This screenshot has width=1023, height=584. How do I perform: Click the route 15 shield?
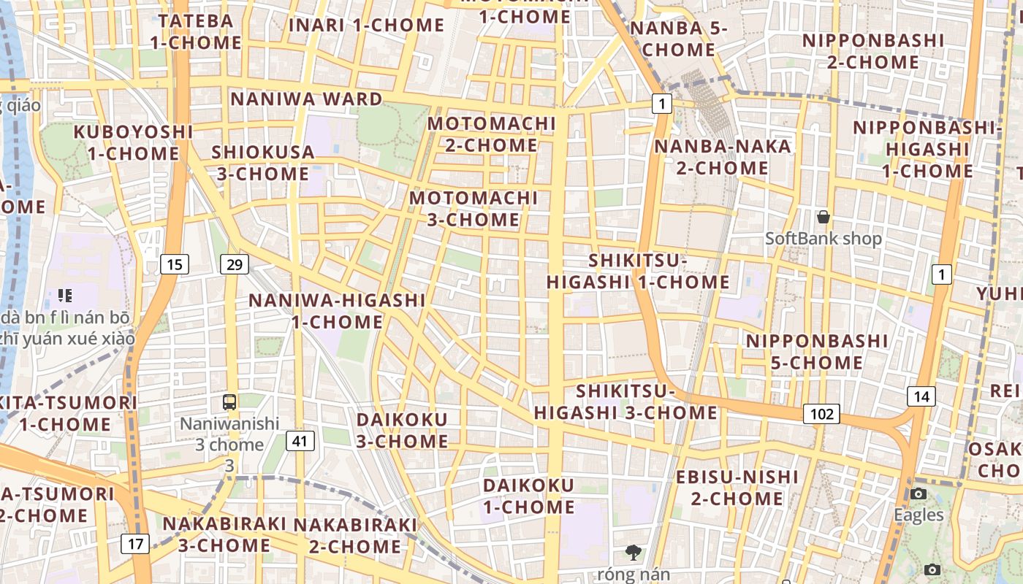click(x=174, y=264)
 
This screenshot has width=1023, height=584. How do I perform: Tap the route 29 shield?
click(x=234, y=264)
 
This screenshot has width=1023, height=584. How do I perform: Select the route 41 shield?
click(x=300, y=440)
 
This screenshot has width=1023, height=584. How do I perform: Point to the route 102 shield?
click(x=821, y=414)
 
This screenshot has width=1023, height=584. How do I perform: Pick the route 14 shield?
click(x=921, y=396)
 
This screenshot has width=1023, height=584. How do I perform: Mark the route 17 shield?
click(x=135, y=543)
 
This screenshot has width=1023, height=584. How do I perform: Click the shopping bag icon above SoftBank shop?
click(x=824, y=217)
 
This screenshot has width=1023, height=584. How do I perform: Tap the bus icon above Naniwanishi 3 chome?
click(x=229, y=401)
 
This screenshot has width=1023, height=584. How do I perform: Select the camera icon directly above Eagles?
click(x=919, y=494)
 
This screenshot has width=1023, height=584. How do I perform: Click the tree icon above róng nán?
click(x=633, y=553)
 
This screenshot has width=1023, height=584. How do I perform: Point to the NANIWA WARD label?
click(x=306, y=99)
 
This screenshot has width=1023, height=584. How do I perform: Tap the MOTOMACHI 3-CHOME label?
click(x=474, y=208)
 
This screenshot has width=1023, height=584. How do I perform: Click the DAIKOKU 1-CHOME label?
click(x=528, y=496)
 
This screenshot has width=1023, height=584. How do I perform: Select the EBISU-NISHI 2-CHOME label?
click(x=737, y=488)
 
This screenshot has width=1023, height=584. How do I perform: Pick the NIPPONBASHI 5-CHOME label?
click(x=816, y=351)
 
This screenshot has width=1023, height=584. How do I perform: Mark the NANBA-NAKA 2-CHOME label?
click(x=722, y=157)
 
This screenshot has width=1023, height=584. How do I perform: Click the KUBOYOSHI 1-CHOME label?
click(x=134, y=142)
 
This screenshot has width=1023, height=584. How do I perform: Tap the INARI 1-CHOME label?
click(x=366, y=25)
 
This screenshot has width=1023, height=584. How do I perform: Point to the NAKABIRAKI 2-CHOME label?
click(x=355, y=535)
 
